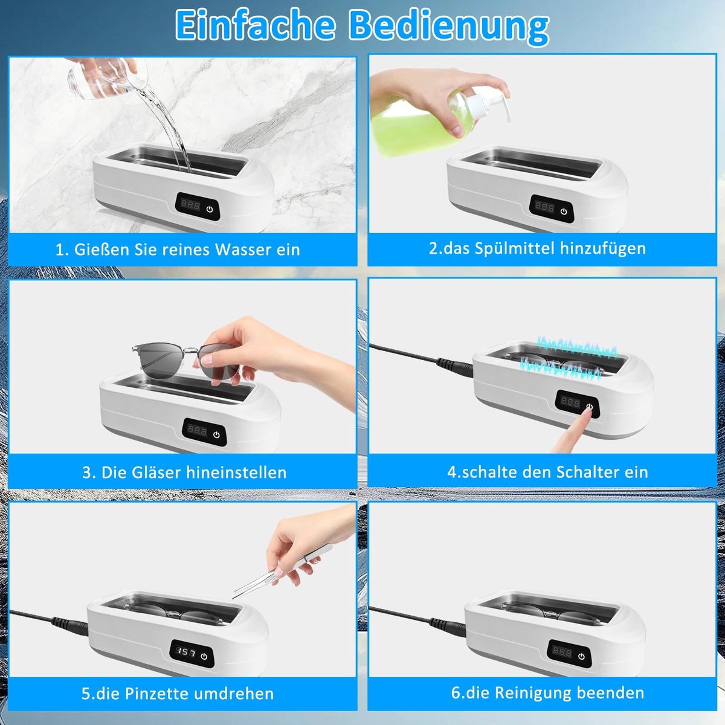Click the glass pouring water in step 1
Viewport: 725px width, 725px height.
(102, 79)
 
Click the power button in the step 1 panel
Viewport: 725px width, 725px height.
(210, 208)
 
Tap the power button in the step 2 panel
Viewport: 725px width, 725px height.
(563, 211)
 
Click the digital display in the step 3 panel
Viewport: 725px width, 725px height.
(197, 430)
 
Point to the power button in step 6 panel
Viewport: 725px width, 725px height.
(582, 657)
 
